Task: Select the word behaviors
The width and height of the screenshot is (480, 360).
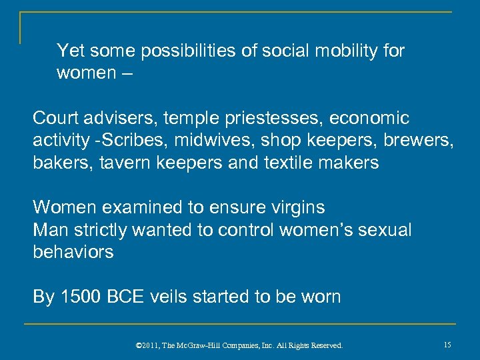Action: point(73,253)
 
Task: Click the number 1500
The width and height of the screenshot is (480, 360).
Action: point(81,297)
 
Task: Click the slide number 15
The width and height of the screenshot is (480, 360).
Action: point(447,345)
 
